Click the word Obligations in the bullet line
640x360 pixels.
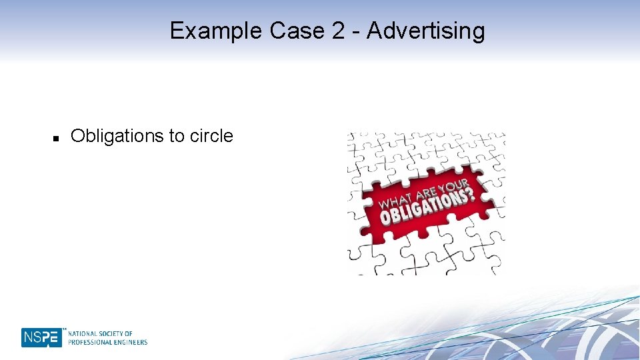117,137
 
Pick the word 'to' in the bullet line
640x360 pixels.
177,137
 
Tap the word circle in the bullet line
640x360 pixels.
211,137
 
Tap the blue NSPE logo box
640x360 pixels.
41,337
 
